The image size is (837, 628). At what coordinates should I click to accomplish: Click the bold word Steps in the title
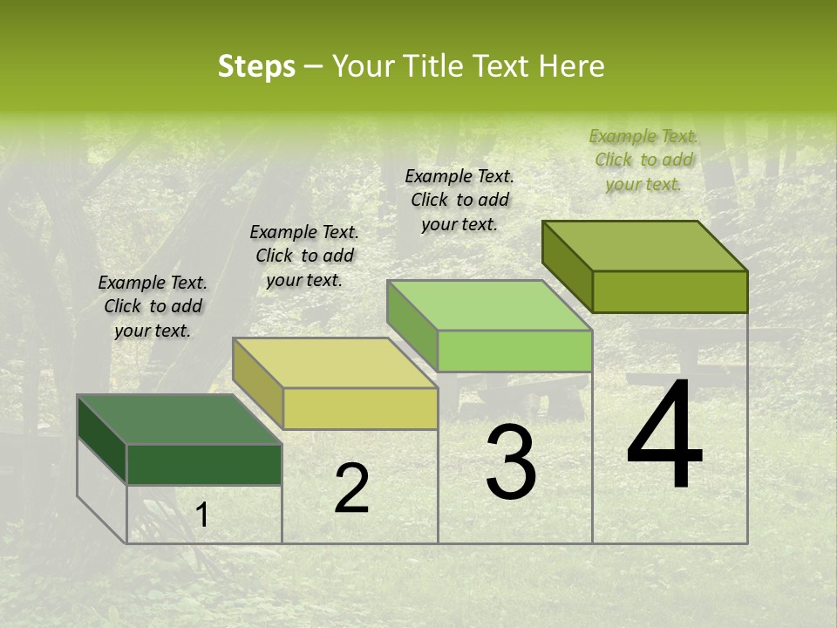coord(256,66)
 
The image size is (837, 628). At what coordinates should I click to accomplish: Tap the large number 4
coord(664,435)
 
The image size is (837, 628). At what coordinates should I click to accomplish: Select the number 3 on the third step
coord(511,462)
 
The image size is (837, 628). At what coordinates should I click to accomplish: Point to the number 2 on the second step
coord(351,488)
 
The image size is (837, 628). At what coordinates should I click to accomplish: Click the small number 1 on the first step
coord(201,515)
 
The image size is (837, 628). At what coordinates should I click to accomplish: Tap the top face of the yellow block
coord(335,363)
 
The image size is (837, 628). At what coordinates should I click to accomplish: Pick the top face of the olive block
coord(645,246)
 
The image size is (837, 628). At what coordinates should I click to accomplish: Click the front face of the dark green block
coord(204,465)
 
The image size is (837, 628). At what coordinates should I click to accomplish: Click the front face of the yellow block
coord(360,408)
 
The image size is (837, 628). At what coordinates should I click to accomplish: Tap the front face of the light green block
coord(514,351)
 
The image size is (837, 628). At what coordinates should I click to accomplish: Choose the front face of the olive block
coord(670,291)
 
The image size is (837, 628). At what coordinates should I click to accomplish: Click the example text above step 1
coord(153,307)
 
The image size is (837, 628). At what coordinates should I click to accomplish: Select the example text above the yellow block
coord(304,256)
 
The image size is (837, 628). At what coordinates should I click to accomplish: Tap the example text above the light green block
coord(459,200)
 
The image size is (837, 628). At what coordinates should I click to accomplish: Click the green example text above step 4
coord(643,160)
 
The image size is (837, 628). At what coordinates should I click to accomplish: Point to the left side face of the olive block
coord(567,265)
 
